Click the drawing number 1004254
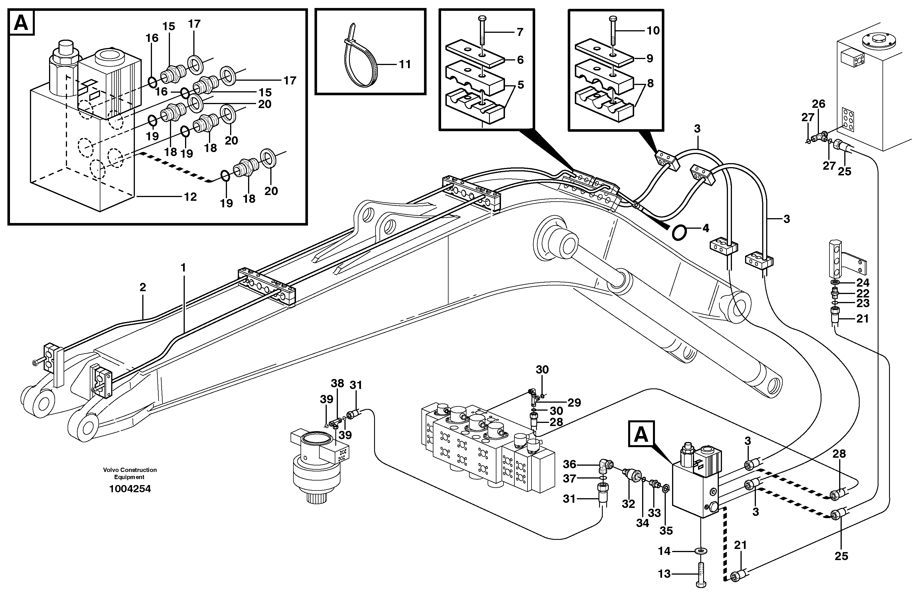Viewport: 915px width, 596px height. point(130,489)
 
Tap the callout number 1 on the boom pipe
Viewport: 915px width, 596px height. point(183,267)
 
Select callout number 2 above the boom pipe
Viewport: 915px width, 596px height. point(143,287)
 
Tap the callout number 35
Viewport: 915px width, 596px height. point(666,531)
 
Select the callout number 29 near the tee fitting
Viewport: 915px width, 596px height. point(574,403)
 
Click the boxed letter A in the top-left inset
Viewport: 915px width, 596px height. point(21,23)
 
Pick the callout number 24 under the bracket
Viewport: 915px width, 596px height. point(862,283)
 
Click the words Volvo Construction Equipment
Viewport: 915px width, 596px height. point(130,473)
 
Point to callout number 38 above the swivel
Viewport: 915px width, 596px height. point(338,383)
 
